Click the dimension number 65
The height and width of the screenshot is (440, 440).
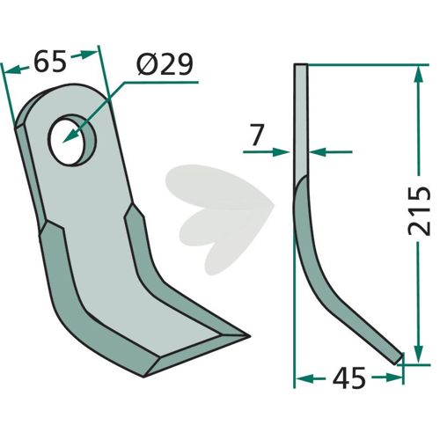point(50,62)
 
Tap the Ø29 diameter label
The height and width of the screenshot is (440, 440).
point(165,64)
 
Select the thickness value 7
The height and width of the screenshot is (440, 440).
point(256,135)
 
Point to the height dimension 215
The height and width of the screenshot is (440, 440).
point(420,211)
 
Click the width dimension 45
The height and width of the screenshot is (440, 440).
point(349,378)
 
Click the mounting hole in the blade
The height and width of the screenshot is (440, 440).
point(73,140)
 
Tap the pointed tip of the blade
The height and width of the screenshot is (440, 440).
point(249,336)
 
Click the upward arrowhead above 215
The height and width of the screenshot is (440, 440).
point(419,76)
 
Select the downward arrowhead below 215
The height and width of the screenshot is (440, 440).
point(419,355)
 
